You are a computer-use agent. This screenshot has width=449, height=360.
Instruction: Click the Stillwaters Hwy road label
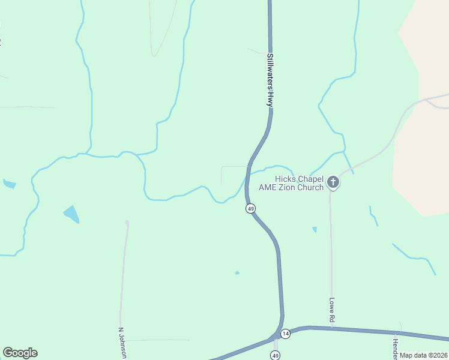tap(270, 80)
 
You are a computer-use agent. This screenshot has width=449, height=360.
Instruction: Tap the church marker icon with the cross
tap(333, 182)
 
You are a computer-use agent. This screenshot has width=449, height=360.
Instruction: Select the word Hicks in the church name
tap(286, 179)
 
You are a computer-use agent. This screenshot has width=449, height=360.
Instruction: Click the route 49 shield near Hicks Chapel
tap(251, 208)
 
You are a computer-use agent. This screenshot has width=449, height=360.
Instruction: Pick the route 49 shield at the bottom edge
tap(275, 356)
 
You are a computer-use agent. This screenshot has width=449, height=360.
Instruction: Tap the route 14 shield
tap(285, 334)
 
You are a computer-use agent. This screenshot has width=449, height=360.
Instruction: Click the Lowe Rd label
tap(331, 311)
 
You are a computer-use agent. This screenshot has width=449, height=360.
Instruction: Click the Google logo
tap(20, 353)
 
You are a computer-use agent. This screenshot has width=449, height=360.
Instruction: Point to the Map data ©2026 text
tap(423, 355)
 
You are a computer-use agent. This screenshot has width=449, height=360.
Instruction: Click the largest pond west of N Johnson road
tap(71, 214)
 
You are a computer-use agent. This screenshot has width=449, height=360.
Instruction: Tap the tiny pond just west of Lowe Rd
tap(315, 229)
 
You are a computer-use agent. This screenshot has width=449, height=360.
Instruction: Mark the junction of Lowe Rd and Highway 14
tap(331, 328)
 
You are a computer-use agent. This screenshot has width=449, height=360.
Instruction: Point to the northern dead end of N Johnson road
tap(127, 222)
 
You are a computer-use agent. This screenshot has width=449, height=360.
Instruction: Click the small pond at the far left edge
tap(9, 184)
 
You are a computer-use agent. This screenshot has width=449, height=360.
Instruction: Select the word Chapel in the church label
tap(310, 179)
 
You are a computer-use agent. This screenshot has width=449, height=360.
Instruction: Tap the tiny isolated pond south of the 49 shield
tap(237, 273)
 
